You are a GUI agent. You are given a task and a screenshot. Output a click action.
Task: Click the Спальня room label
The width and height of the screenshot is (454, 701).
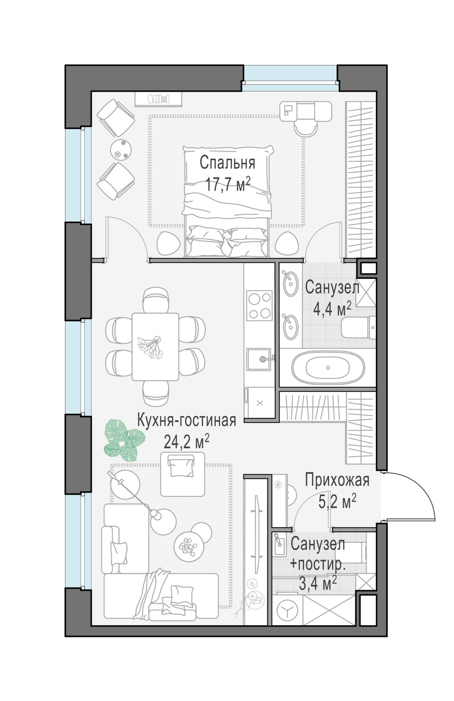tap(227, 163)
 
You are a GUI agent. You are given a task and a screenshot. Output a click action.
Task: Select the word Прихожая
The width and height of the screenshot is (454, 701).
tap(337, 480)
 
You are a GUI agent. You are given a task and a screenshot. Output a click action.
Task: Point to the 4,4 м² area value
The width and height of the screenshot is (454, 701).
tap(332, 309)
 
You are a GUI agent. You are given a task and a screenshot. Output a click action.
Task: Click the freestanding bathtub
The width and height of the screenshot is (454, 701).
tap(328, 368)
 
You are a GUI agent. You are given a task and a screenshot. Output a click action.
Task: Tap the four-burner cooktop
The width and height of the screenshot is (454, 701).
tap(260, 305)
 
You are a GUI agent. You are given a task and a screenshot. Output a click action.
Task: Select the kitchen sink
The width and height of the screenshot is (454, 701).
tap(259, 359)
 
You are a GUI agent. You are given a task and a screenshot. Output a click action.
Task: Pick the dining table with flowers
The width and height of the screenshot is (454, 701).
tap(155, 347)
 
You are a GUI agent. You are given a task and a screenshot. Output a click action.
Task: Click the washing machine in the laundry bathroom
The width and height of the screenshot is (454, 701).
tap(287, 611)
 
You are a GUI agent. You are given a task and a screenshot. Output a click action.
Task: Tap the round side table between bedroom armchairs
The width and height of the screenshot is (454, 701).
tap(121, 150)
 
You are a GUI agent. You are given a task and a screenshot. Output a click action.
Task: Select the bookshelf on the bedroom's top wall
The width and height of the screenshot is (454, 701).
tap(159, 99)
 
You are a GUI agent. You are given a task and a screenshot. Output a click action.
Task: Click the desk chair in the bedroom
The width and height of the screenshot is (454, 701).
tap(305, 128)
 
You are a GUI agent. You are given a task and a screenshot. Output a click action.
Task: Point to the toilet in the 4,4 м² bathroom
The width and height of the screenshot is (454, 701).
tap(358, 327)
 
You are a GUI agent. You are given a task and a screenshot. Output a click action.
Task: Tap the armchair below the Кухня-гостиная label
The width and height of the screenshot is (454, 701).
tap(182, 474)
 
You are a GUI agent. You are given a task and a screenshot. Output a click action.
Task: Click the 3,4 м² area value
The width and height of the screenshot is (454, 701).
tap(318, 584)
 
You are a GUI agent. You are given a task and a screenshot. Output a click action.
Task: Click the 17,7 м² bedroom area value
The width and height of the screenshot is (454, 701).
tap(228, 184)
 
